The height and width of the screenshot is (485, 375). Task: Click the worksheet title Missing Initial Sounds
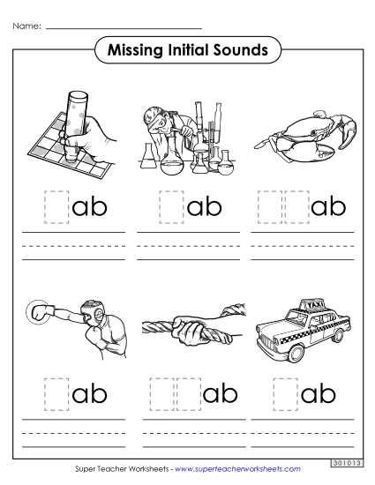click(x=187, y=50)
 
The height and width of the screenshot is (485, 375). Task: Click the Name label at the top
click(x=26, y=27)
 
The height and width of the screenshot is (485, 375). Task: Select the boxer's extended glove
click(x=39, y=312)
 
